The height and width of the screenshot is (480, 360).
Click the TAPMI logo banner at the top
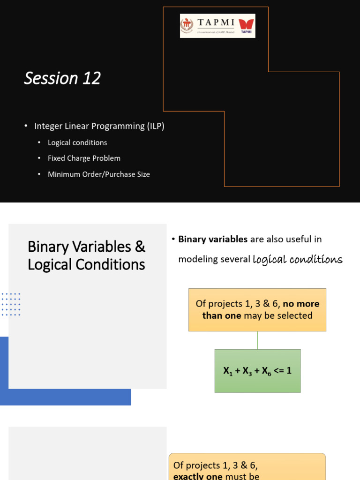coord(217,26)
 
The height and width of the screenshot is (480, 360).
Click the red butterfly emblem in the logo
coord(246,24)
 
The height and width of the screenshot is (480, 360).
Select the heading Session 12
coord(62,78)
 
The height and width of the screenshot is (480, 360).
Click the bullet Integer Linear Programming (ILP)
coord(99,126)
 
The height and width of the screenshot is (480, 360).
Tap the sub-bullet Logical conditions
coord(77,142)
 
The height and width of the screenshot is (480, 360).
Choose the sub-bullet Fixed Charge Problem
coord(84,158)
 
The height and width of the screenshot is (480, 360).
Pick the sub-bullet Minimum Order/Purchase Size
coord(98,174)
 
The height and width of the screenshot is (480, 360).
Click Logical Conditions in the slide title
coord(86,265)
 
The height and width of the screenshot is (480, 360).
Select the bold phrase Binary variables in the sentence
coord(213,240)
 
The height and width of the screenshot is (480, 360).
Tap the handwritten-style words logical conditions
coord(297,260)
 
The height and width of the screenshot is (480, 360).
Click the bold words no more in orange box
coord(301,304)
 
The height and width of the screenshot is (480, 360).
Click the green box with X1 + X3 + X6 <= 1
coord(257,371)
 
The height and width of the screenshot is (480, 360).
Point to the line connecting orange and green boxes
coord(257,340)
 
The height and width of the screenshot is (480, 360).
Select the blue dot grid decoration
coord(11,304)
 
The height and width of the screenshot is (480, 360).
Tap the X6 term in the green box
coord(267,371)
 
